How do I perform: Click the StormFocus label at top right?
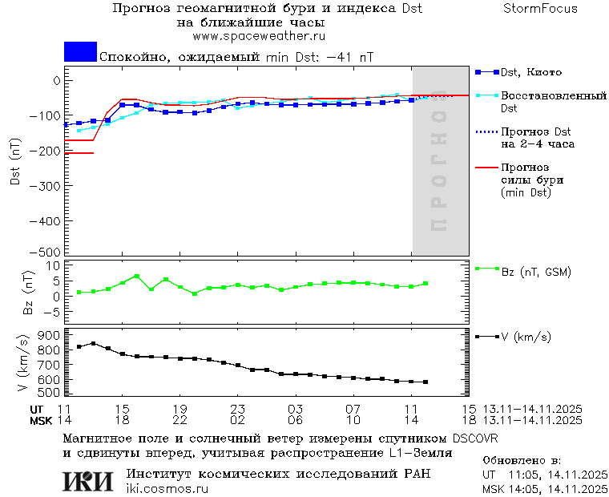[x=540, y=9]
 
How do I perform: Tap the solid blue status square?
[x=80, y=51]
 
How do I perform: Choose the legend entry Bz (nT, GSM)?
[x=536, y=272]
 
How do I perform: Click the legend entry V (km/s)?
[x=526, y=337]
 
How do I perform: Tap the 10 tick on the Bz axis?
[x=55, y=265]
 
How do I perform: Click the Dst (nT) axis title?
[x=15, y=164]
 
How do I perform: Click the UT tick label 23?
[x=237, y=409]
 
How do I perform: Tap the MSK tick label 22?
[x=179, y=420]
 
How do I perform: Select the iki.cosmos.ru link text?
[x=167, y=489]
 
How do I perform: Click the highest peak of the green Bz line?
[x=137, y=276]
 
